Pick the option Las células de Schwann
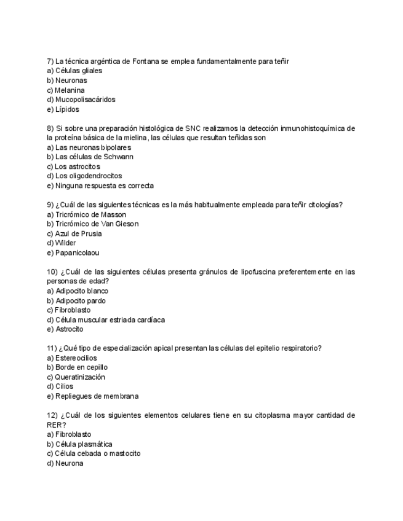[90, 157]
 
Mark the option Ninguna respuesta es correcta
[100, 186]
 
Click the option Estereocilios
[72, 358]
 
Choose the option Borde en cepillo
[77, 367]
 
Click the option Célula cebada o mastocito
[94, 453]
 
